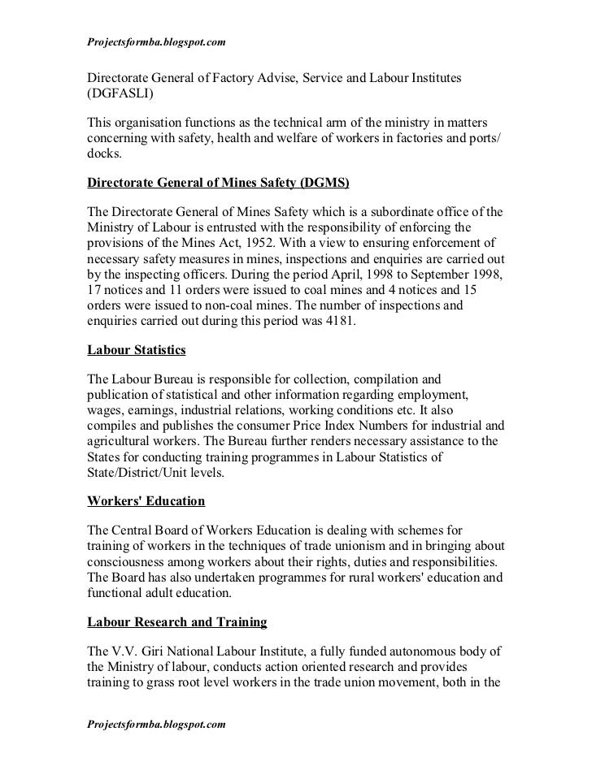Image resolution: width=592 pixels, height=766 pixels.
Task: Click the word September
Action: coord(429,275)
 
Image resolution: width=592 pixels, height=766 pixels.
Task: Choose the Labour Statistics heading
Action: coord(137,350)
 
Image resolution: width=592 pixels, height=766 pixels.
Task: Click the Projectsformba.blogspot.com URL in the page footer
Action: coord(155,721)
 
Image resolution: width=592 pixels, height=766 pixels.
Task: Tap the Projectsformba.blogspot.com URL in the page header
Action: coord(155,41)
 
